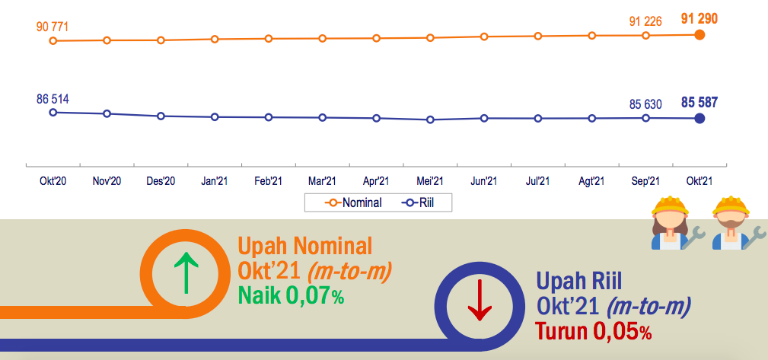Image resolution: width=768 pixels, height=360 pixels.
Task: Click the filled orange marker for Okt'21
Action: pos(700,35)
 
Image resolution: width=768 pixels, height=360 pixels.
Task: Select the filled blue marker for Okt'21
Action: pos(700,118)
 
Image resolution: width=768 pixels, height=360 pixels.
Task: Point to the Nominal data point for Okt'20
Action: pos(53,40)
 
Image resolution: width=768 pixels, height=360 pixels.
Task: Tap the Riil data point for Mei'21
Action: pos(430,119)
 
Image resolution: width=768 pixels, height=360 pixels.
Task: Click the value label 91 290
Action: pos(699,19)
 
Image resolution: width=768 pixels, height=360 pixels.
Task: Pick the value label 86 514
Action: pos(53,100)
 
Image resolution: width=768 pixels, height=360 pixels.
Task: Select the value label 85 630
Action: pos(645,104)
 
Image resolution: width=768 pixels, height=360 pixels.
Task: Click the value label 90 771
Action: pos(53,27)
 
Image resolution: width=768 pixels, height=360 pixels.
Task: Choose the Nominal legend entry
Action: pos(354,202)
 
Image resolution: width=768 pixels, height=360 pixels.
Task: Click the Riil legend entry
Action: pos(418,202)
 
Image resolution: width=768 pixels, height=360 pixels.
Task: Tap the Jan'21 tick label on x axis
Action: pos(215,181)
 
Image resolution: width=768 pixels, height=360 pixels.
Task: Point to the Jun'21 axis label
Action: pos(484,181)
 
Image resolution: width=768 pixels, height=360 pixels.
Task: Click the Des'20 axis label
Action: pos(161,181)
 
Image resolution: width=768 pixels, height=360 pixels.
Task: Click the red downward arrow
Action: pos(480,300)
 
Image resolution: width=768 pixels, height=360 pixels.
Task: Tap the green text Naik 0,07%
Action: pos(292,295)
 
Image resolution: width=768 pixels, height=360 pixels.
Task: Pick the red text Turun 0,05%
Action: pos(593,332)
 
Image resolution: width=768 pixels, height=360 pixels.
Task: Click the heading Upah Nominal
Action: pos(305,247)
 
